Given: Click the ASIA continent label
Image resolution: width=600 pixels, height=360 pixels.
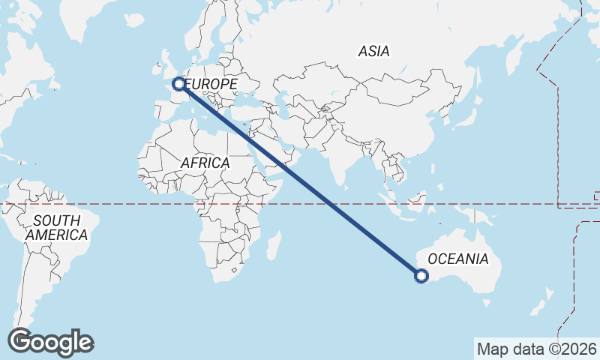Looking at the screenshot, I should tap(373, 52).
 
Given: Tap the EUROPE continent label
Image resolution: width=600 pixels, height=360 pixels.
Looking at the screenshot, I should tap(211, 84).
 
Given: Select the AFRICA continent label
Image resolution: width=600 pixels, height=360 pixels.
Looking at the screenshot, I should tap(205, 163).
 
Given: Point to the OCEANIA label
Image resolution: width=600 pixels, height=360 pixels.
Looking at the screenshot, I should tap(457, 259).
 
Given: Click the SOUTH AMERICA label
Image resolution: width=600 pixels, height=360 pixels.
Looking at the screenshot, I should tap(56, 228).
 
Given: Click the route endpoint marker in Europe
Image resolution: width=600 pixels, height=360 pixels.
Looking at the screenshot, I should tap(179, 84).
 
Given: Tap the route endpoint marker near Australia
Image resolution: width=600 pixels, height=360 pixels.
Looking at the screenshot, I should tap(422, 277).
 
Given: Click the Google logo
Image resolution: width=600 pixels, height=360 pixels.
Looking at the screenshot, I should tap(49, 342).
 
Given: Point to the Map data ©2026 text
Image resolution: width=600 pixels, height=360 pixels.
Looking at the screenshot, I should tap(536, 349).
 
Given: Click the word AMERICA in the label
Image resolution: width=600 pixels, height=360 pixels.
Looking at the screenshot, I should tap(56, 235).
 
